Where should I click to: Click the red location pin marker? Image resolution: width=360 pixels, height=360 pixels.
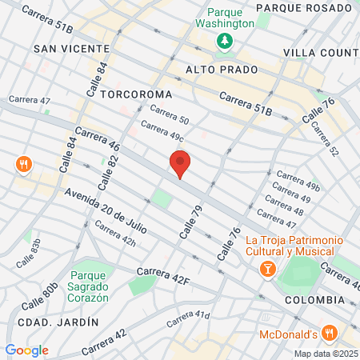[x=180, y=164]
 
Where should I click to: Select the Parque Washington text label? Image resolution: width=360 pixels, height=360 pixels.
[x=230, y=17]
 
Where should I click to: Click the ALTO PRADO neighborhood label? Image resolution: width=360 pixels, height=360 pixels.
[x=214, y=70]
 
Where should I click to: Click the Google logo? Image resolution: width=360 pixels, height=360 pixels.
[x=26, y=350]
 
